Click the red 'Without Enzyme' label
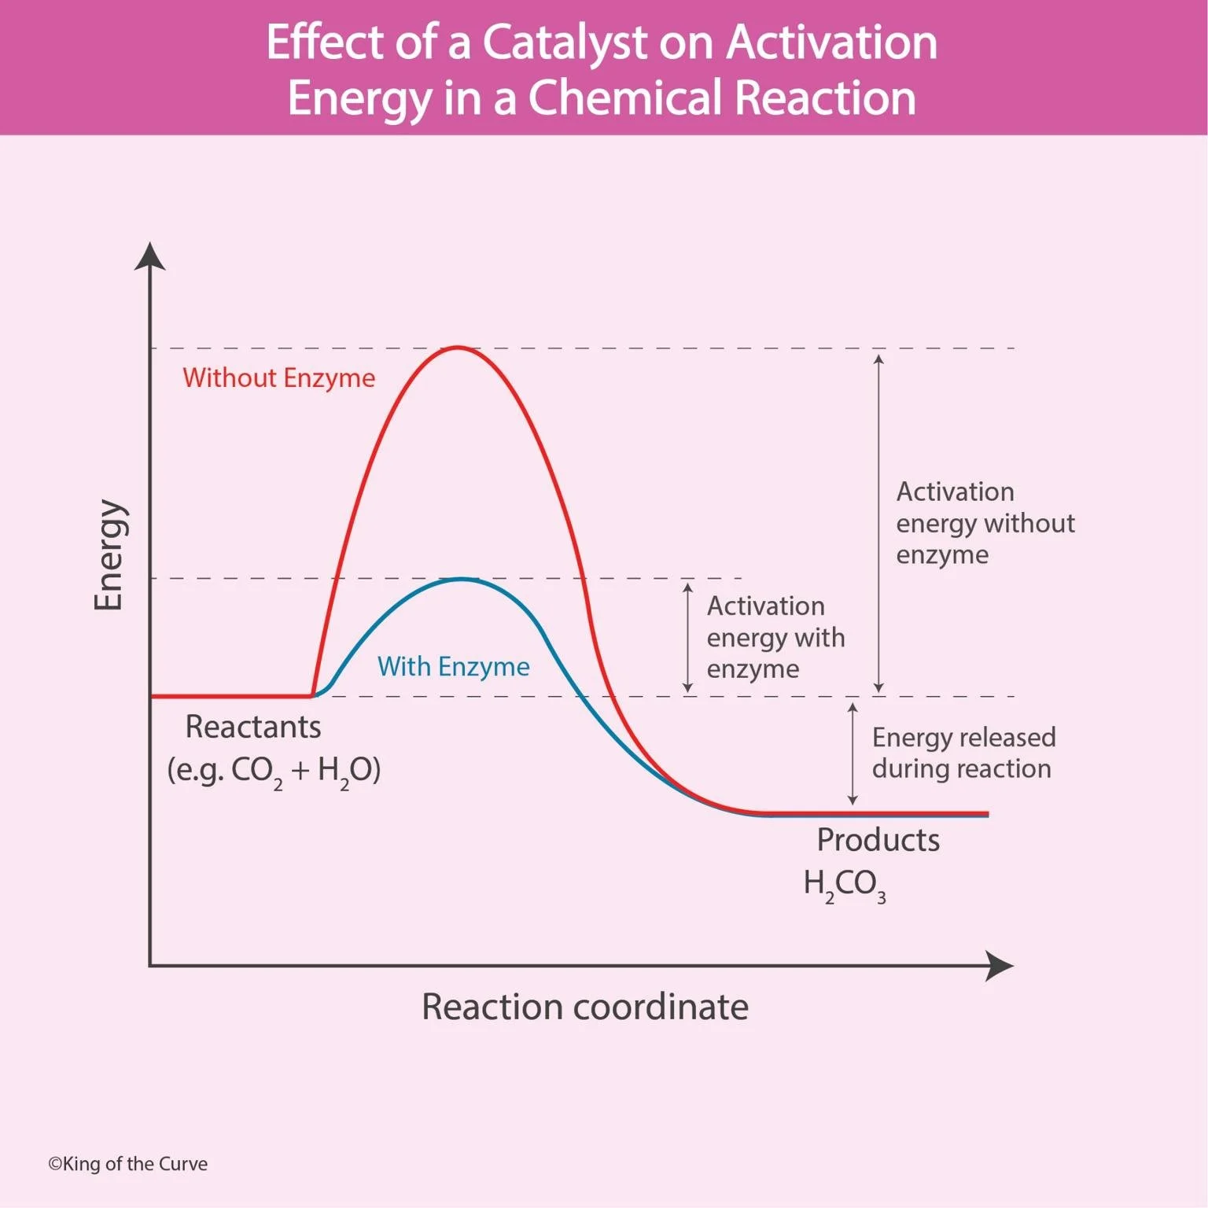click(278, 378)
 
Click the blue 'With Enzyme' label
click(453, 667)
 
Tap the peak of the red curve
click(458, 348)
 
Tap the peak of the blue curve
click(462, 580)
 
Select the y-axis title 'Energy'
click(109, 554)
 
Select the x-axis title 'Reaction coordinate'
click(584, 1007)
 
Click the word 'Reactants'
click(252, 727)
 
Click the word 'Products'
click(878, 840)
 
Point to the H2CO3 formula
click(844, 884)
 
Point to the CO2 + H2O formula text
click(274, 770)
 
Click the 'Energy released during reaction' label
click(963, 753)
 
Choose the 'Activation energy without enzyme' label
click(984, 523)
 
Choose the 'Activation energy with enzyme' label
click(775, 637)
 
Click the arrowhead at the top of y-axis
click(149, 256)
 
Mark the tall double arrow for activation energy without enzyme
click(878, 523)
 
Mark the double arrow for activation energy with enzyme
click(687, 637)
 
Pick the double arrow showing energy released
click(853, 753)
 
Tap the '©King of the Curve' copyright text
click(127, 1164)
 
